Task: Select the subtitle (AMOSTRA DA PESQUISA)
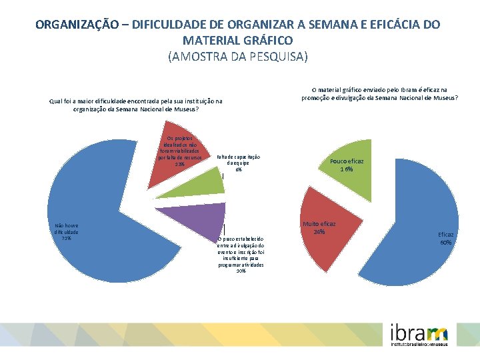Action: (239, 57)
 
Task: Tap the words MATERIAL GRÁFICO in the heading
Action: (239, 41)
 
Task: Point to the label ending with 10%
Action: (241, 254)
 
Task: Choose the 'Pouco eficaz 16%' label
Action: (347, 165)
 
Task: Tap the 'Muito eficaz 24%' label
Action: (319, 228)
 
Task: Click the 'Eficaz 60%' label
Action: (445, 238)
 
